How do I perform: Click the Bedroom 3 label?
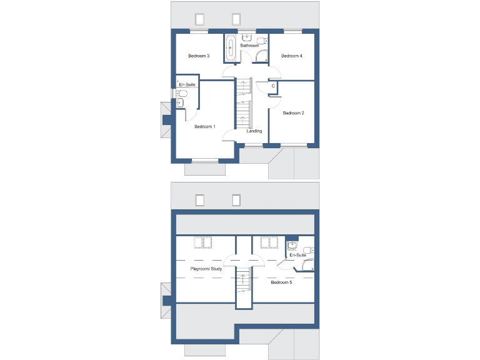point(199,56)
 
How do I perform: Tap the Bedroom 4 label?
point(292,56)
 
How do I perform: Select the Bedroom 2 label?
point(293,113)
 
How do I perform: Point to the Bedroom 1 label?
point(205,127)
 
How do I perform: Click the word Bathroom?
point(249,46)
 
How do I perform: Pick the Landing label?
point(254,131)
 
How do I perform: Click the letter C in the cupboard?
point(273,86)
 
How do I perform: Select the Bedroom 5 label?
point(281,282)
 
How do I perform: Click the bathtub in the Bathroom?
point(231,49)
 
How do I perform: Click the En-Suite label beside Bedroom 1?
point(187,84)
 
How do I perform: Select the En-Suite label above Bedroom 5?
point(297,255)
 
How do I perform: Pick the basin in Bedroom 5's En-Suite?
point(292,244)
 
